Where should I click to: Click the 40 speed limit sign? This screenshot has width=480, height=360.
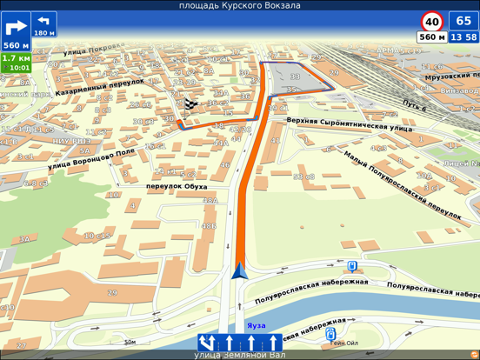point(431,21)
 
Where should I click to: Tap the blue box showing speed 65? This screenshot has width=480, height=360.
point(463,21)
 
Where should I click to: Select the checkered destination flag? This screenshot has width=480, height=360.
point(190,105)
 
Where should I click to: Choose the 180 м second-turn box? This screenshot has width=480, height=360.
point(43,24)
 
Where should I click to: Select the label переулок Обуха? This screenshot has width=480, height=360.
point(177,186)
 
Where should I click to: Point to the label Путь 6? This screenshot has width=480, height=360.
point(415,106)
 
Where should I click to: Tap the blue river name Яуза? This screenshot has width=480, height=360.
point(256,326)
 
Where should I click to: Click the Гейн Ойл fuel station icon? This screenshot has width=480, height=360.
point(330,333)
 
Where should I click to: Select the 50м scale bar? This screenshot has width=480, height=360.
point(130,343)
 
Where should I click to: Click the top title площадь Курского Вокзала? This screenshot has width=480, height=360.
point(240,5)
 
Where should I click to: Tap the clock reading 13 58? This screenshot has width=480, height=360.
point(464,37)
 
